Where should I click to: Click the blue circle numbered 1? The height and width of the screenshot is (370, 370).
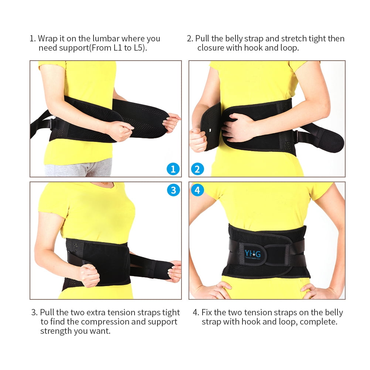pos(173,169)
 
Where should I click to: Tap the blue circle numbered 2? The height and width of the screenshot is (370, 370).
pos(197,169)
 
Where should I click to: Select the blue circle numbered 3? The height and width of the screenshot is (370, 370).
pos(173,190)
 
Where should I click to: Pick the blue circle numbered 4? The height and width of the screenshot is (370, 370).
pos(197,190)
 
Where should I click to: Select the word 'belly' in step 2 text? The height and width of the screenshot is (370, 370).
pos(247,38)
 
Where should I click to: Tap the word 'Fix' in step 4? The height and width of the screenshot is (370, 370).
pos(207,312)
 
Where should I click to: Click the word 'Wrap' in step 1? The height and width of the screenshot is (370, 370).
pos(47,38)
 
